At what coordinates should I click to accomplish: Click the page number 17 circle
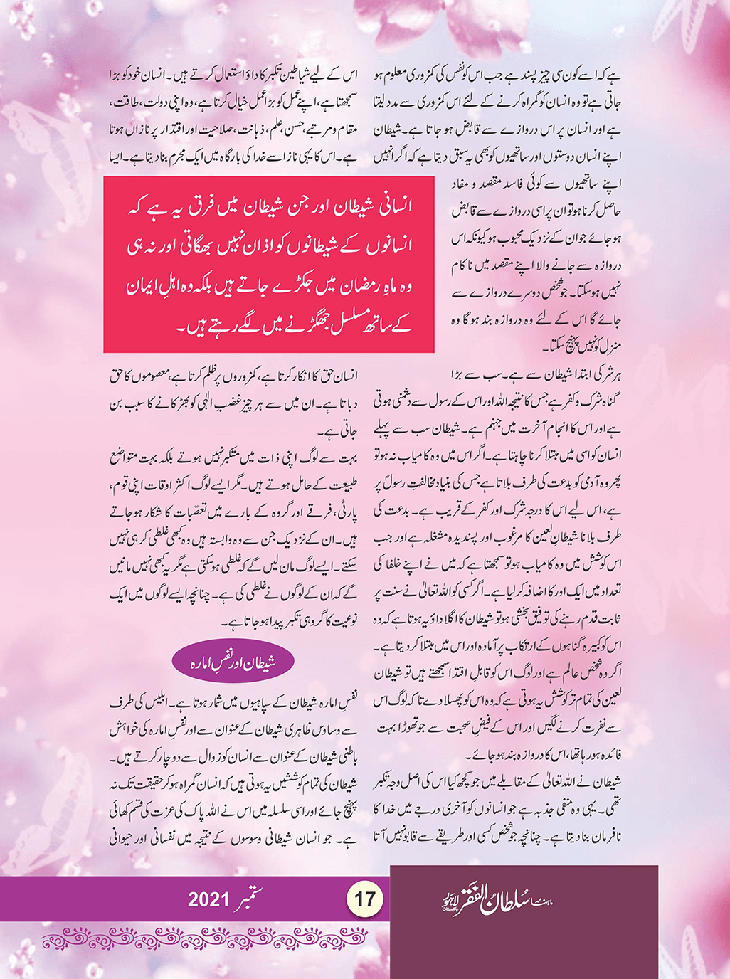(365, 898)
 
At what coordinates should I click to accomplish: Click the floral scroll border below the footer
(213, 939)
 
